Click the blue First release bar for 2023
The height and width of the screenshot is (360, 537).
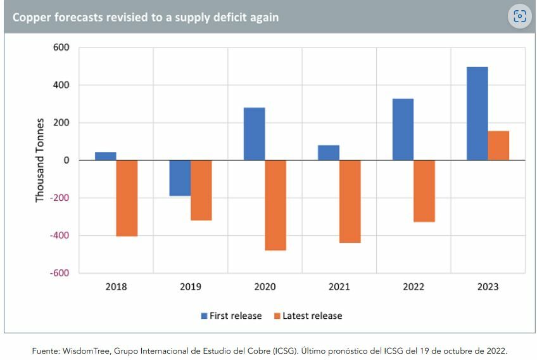tap(477, 113)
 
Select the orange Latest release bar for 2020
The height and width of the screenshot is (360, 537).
tap(275, 205)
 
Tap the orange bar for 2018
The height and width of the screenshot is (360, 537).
tap(127, 198)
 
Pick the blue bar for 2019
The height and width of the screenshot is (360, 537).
tap(180, 178)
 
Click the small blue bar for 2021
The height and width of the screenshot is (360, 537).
tap(328, 153)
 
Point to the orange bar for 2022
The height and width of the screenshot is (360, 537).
tap(424, 191)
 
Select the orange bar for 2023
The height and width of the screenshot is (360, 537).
tap(498, 146)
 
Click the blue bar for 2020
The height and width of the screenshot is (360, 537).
tap(254, 134)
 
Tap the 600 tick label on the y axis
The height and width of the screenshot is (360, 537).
tap(61, 48)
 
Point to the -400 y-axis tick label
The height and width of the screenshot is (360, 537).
tap(59, 236)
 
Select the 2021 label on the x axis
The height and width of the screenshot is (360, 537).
tap(339, 286)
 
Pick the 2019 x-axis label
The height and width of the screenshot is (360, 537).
tap(190, 286)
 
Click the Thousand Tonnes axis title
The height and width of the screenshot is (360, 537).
tap(40, 160)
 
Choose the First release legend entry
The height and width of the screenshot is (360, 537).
tap(231, 316)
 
